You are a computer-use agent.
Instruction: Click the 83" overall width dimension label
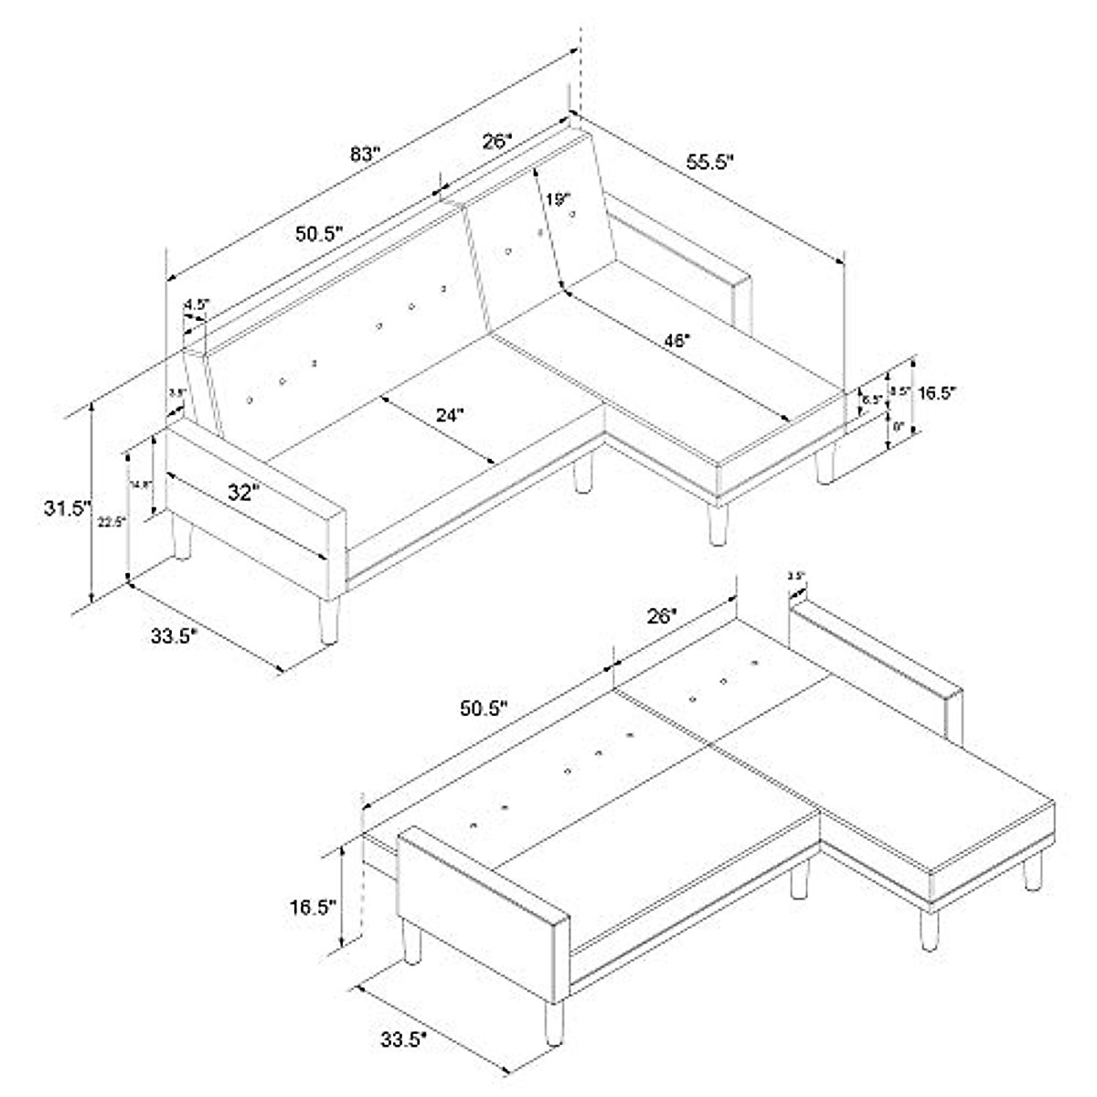click(x=365, y=154)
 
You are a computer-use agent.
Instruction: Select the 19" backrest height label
click(x=558, y=199)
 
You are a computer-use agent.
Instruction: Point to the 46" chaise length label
click(x=676, y=340)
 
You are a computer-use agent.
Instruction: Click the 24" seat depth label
click(x=449, y=414)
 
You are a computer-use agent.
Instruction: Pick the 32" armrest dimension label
click(x=244, y=493)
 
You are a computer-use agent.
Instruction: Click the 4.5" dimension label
click(x=197, y=304)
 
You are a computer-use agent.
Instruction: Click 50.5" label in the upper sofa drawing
click(x=318, y=233)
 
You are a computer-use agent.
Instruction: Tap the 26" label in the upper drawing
click(x=497, y=142)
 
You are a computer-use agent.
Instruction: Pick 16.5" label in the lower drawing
click(x=314, y=907)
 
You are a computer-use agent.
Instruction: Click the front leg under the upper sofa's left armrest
click(x=327, y=622)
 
